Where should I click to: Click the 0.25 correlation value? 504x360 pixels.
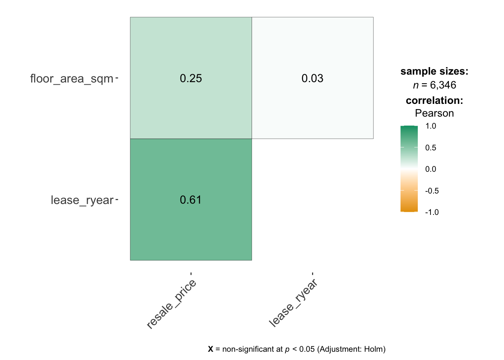click(x=191, y=78)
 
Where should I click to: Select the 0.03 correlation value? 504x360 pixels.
click(x=312, y=78)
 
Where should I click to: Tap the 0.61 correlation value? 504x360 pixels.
click(x=191, y=200)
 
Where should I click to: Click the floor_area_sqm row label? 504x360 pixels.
click(x=72, y=79)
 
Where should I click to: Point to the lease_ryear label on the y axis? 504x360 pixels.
click(x=82, y=200)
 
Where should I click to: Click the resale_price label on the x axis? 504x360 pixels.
click(x=171, y=304)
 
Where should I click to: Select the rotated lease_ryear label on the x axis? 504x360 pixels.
click(x=293, y=303)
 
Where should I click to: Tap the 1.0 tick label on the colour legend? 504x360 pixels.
click(x=431, y=126)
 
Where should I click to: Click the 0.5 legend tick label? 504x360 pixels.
click(x=431, y=148)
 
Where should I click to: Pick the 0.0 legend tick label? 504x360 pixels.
click(x=431, y=169)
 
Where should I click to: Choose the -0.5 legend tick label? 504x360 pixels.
click(x=432, y=191)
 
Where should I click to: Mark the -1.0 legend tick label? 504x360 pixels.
click(x=432, y=212)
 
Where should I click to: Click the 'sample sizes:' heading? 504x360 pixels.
click(x=434, y=71)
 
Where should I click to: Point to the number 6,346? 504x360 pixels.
click(x=443, y=85)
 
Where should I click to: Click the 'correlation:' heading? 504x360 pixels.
click(x=434, y=100)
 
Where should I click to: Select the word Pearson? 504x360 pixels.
click(x=434, y=113)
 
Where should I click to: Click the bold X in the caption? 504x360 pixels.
click(x=210, y=349)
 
